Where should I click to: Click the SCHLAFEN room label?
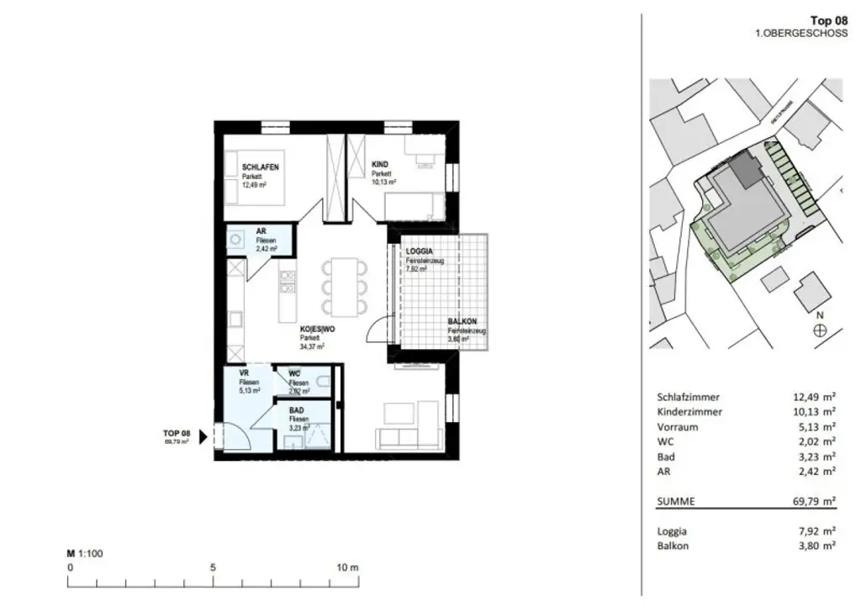[x=260, y=167]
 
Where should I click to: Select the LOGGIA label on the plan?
[x=420, y=251]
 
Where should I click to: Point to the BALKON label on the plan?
[x=463, y=321]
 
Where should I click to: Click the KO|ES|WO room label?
[x=317, y=330]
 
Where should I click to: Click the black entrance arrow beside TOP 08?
[x=202, y=436]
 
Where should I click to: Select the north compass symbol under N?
[x=820, y=331]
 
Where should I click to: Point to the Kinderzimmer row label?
[x=689, y=412]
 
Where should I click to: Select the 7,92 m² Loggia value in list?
[x=816, y=531]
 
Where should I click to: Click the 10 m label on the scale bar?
[x=347, y=568]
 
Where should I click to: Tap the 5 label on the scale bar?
[x=213, y=568]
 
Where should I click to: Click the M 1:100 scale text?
[x=85, y=554]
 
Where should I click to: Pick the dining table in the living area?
[x=345, y=285]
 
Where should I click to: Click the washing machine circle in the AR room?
[x=235, y=238]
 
